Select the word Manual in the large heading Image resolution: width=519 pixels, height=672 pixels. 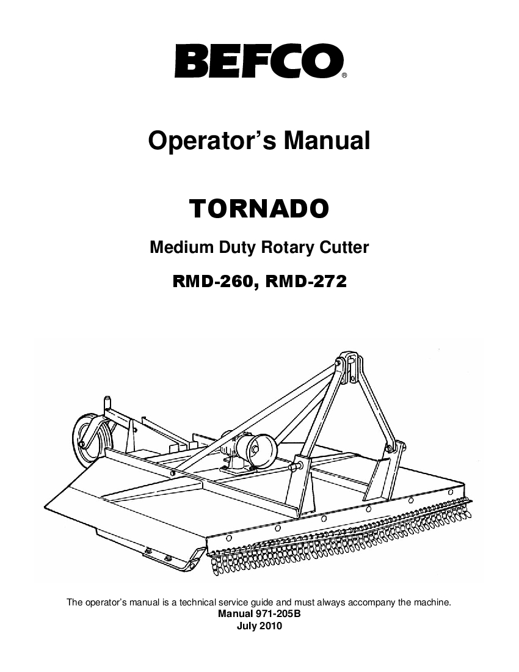(326, 140)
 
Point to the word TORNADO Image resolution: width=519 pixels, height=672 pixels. (259, 208)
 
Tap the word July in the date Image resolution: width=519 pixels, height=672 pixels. (247, 626)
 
